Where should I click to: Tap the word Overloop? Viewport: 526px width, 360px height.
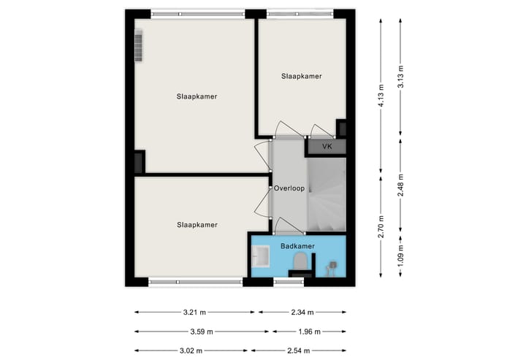click(x=289, y=188)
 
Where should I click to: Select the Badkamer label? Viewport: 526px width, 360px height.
click(x=297, y=246)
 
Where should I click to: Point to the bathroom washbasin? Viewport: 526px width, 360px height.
click(x=260, y=256)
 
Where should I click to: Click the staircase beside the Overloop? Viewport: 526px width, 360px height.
click(x=326, y=194)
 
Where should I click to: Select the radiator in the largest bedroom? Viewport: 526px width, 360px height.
click(x=139, y=45)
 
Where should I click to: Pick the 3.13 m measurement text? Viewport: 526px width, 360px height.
click(x=400, y=77)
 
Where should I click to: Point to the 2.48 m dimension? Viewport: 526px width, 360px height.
click(x=400, y=180)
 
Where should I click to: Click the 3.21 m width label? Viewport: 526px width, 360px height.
click(x=194, y=312)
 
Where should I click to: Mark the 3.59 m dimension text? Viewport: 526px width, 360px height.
click(x=201, y=332)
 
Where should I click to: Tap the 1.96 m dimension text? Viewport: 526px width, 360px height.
click(x=308, y=332)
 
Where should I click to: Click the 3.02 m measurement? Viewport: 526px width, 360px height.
click(x=191, y=351)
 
